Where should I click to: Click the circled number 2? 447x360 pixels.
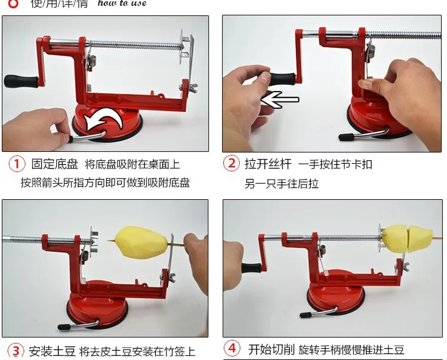(x=231, y=164)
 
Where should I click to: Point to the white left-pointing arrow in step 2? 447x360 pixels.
(x=279, y=100)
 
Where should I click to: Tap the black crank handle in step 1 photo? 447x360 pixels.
(x=19, y=80)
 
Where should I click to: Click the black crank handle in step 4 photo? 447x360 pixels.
(x=251, y=267)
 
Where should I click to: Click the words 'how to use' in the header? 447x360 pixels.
(x=122, y=4)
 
